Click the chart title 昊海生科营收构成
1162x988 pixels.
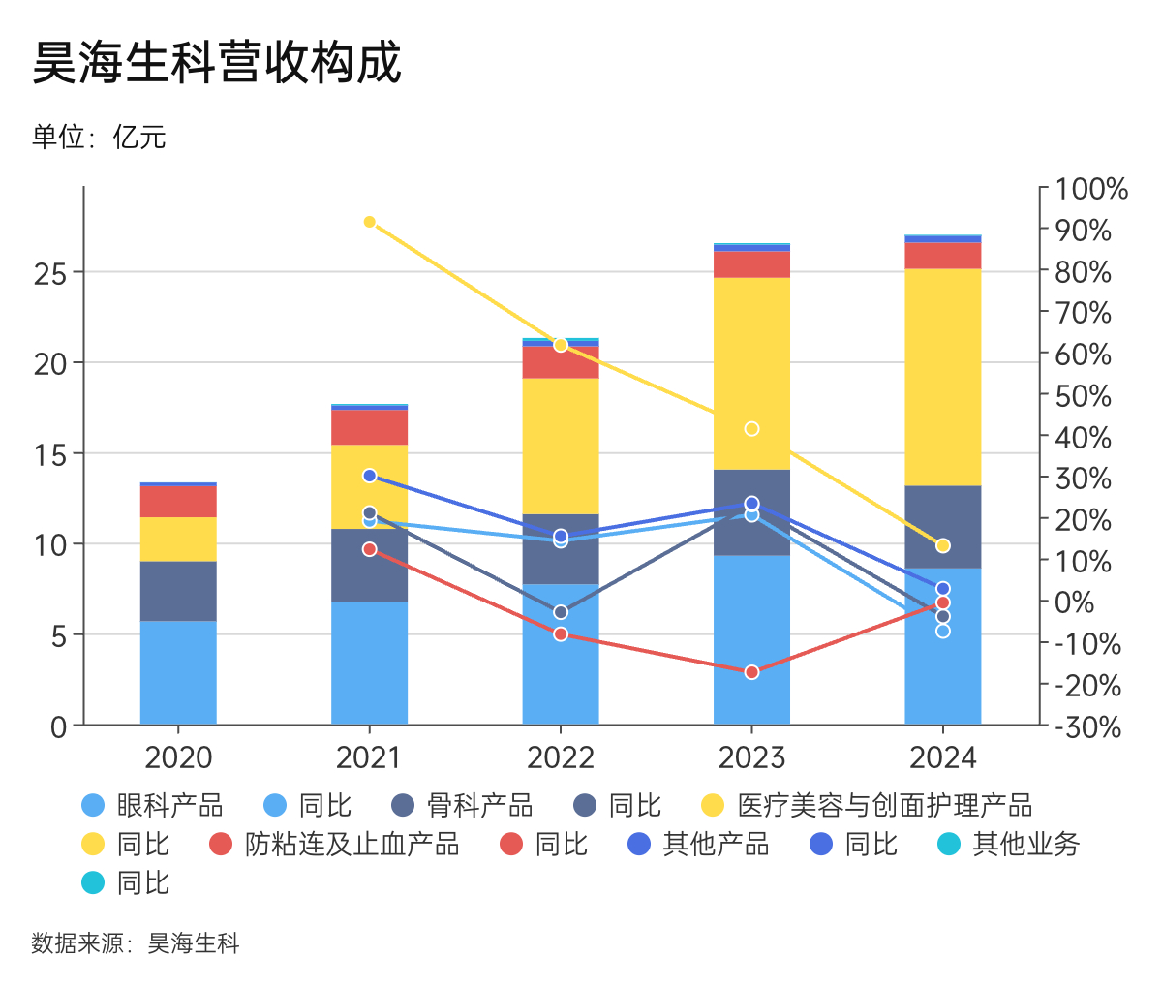217,64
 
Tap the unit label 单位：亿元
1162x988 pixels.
99,138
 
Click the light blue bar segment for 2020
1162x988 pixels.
178,672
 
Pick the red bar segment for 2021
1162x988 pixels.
369,427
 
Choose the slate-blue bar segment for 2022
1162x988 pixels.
560,548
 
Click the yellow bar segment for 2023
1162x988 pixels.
751,373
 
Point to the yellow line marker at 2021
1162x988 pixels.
369,222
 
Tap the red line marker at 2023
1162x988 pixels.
751,672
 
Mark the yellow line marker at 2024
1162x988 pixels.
942,545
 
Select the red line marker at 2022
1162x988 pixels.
560,634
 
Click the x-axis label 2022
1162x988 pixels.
560,757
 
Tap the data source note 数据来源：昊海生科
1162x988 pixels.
136,943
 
